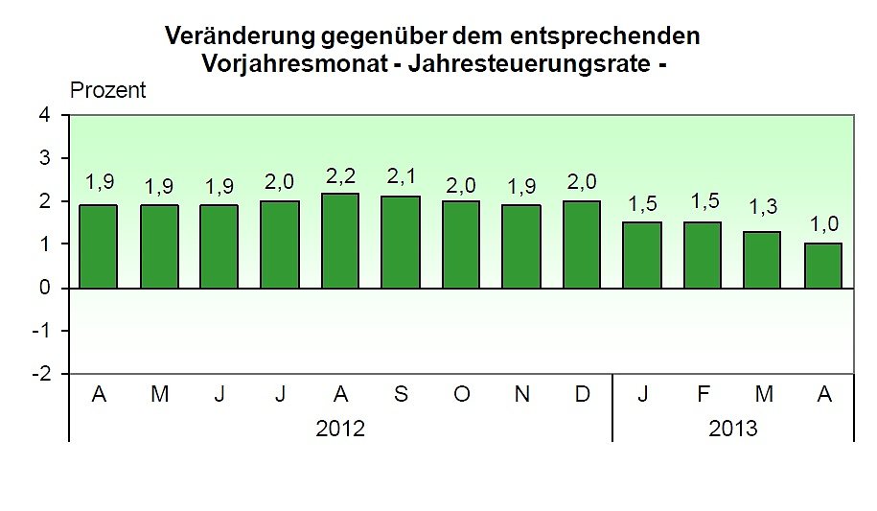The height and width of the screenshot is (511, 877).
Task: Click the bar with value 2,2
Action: tap(340, 241)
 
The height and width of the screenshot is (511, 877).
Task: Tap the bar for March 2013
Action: tap(762, 260)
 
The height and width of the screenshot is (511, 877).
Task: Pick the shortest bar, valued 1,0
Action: tap(822, 266)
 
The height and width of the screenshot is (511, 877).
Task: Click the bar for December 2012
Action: tap(582, 244)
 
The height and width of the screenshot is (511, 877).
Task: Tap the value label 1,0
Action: tap(822, 225)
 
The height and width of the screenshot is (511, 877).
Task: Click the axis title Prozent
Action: tap(108, 91)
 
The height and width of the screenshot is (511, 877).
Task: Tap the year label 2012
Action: tap(340, 429)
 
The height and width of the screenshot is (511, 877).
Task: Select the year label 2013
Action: tap(732, 429)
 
